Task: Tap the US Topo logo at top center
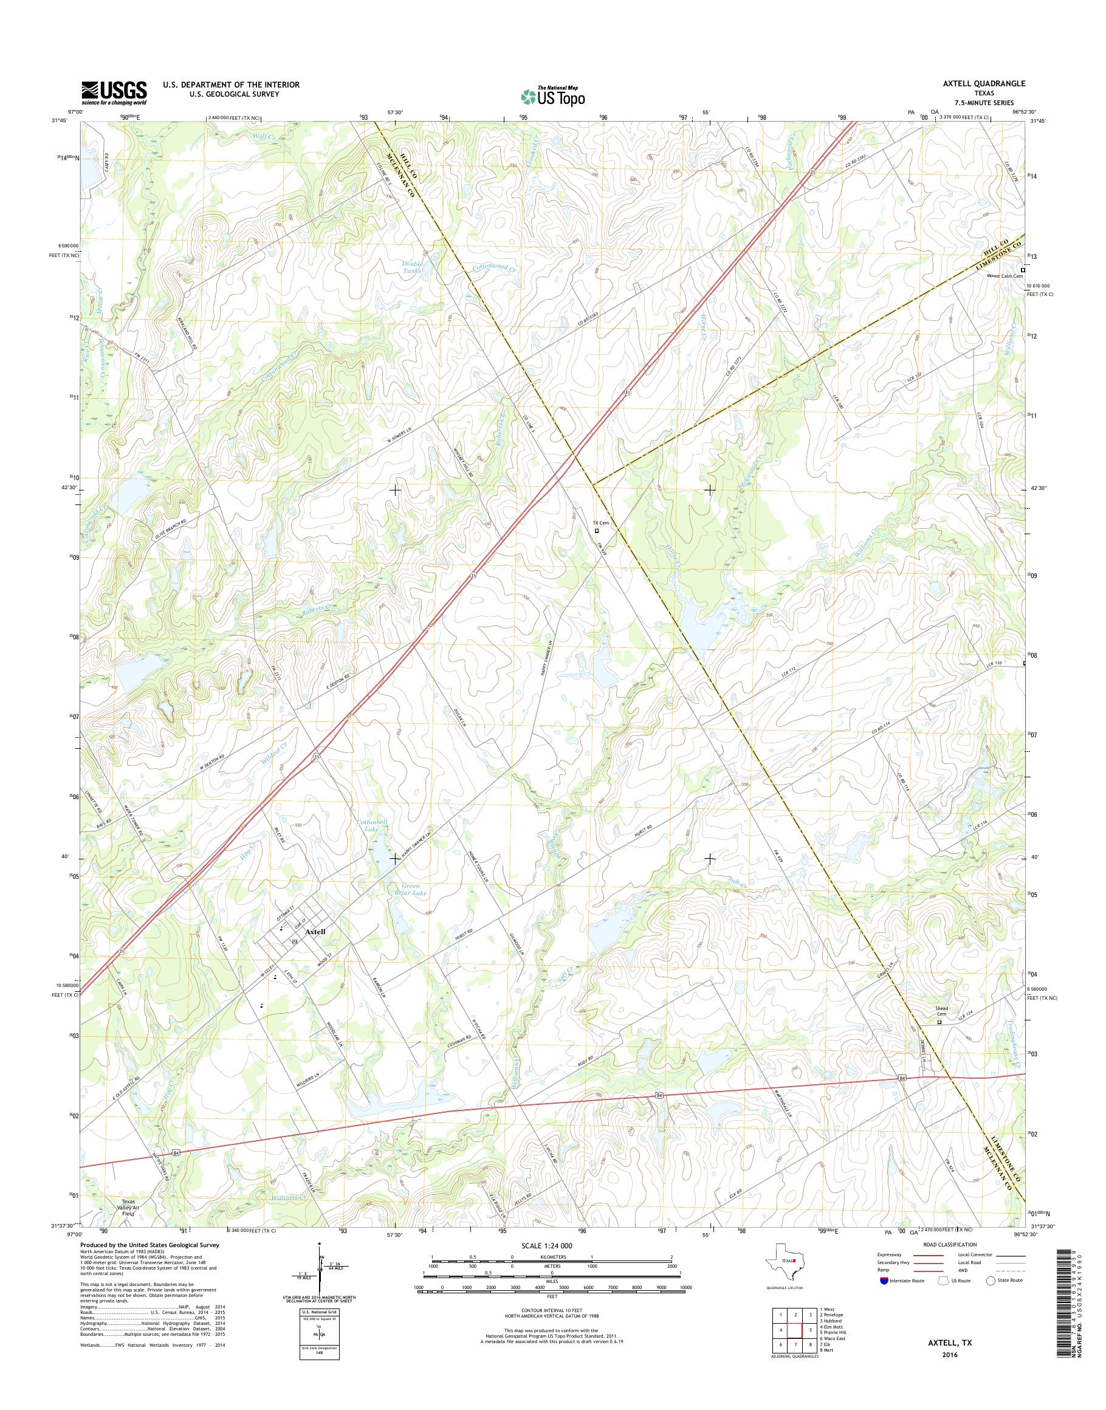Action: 552,96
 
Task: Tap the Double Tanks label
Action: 412,267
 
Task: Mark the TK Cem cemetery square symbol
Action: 597,531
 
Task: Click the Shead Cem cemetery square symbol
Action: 940,1022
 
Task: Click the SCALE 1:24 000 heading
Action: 551,1245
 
